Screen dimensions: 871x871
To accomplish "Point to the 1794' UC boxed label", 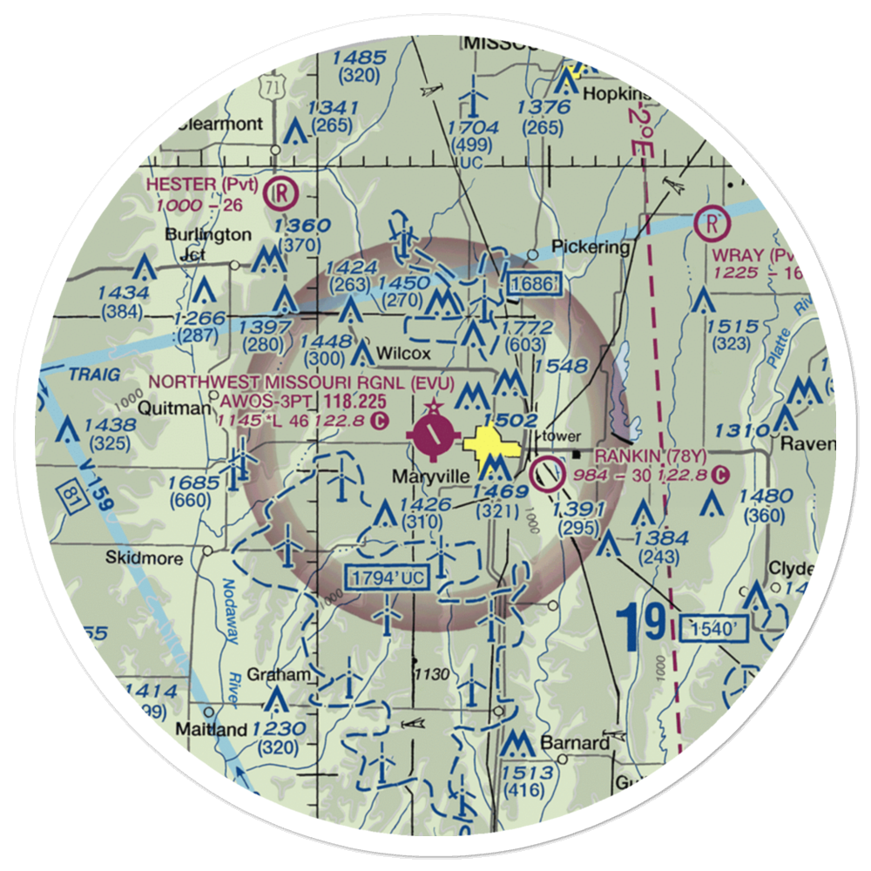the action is (388, 577).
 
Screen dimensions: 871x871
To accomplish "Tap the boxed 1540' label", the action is (713, 627).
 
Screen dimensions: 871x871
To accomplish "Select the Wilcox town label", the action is (405, 354).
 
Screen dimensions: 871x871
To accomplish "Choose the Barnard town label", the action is (575, 744).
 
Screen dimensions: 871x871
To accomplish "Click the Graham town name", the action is (279, 675).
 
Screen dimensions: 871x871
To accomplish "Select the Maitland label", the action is (212, 728).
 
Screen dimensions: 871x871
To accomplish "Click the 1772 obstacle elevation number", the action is (527, 327).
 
